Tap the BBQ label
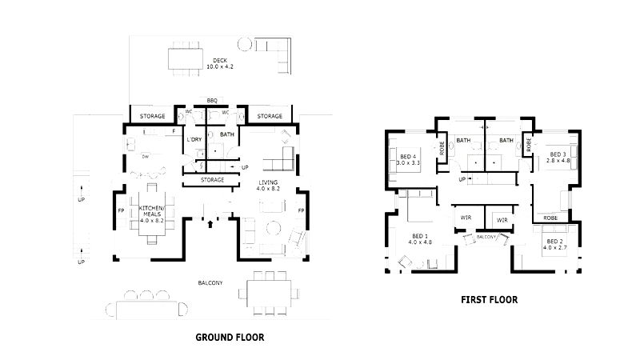(x=212, y=100)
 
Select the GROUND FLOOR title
(x=230, y=338)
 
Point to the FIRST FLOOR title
(x=489, y=300)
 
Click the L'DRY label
(x=194, y=139)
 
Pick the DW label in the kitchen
(x=146, y=157)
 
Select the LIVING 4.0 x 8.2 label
(x=267, y=187)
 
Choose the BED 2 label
(x=554, y=245)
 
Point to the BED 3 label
(x=557, y=158)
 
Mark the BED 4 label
(x=408, y=160)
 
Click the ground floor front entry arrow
(x=210, y=225)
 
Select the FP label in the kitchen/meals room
(x=122, y=210)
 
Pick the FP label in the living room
(x=302, y=210)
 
